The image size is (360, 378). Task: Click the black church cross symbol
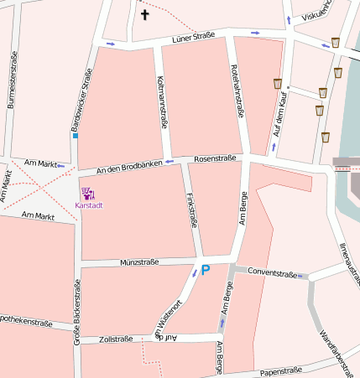pyautogui.click(x=144, y=14)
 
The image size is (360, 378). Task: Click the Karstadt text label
pyautogui.click(x=89, y=205)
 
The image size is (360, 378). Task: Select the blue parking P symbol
pyautogui.click(x=205, y=270)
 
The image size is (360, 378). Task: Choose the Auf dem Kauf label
pyautogui.click(x=279, y=115)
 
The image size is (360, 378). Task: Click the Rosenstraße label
pyautogui.click(x=215, y=158)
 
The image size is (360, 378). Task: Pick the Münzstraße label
pyautogui.click(x=138, y=262)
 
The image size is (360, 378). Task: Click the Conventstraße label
pyautogui.click(x=273, y=273)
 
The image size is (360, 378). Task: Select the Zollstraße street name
pyautogui.click(x=116, y=339)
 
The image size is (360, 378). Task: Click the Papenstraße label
pyautogui.click(x=281, y=370)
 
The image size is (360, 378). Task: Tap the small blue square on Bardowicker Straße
pyautogui.click(x=75, y=135)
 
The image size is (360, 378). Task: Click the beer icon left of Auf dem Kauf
pyautogui.click(x=277, y=83)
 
